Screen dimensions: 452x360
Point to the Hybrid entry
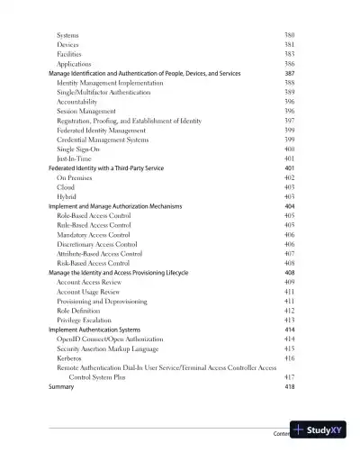pos(67,196)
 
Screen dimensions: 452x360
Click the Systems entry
pos(68,35)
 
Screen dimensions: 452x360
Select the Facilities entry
pos(71,54)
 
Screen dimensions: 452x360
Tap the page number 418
pos(289,386)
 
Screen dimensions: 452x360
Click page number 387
pos(289,73)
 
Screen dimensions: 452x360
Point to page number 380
pos(289,35)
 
